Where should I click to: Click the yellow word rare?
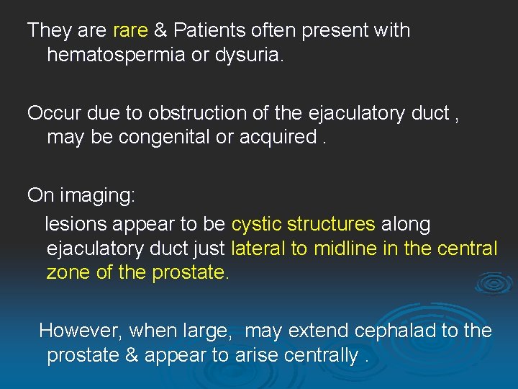pos(130,30)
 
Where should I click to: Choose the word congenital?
pos(159,137)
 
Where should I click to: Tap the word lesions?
pos(75,224)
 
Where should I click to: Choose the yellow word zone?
pos(68,273)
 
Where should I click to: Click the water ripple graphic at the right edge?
pos(494,282)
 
